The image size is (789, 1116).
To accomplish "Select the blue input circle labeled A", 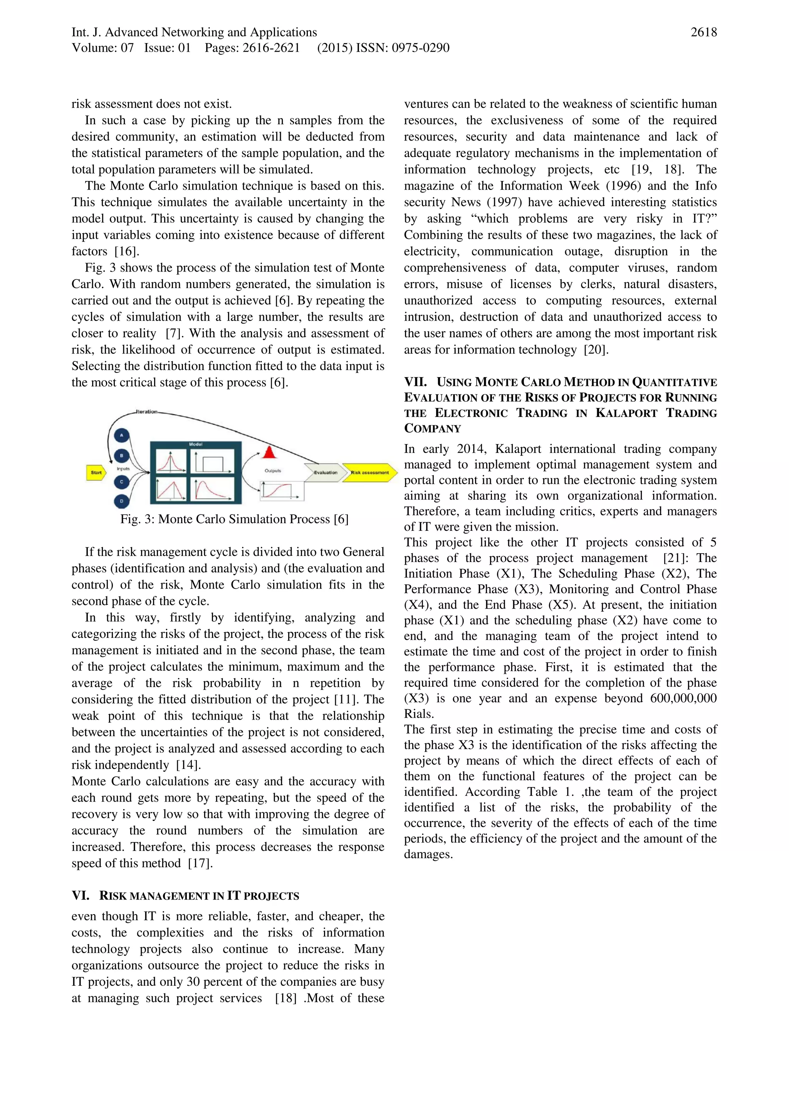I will [121, 436].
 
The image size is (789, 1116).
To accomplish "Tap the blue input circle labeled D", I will [121, 501].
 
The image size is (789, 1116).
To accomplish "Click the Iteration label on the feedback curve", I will [146, 412].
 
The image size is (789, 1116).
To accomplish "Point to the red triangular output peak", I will [269, 453].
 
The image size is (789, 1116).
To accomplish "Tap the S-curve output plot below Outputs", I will [281, 491].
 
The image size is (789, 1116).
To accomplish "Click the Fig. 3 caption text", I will [234, 519].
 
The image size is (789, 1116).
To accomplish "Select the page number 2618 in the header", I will [703, 33].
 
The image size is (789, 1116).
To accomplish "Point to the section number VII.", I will [415, 382].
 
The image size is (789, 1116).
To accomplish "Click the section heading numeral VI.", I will [80, 896].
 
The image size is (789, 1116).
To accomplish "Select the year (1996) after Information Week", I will [622, 186].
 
